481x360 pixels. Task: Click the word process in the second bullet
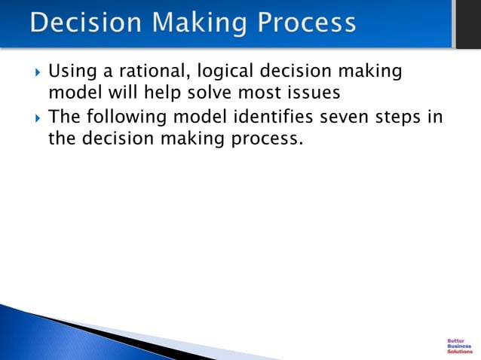267,139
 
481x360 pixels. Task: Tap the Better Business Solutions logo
459,345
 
